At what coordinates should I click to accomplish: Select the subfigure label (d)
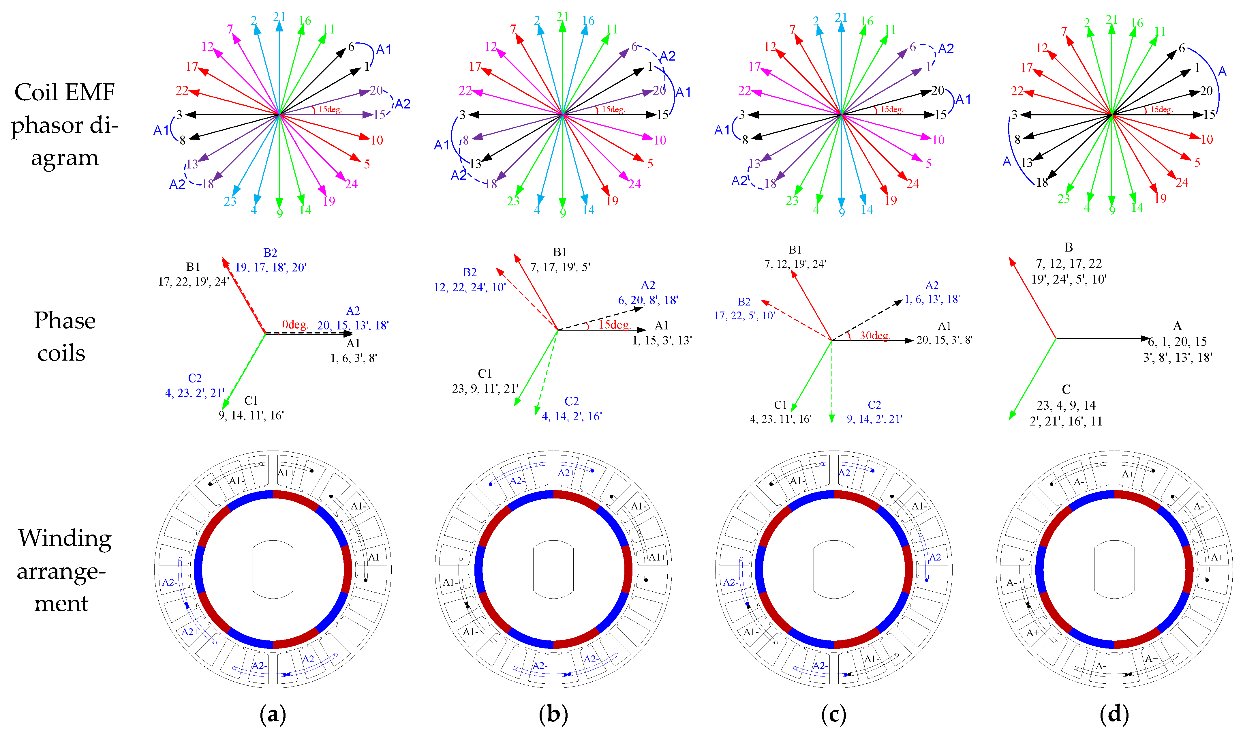click(x=1114, y=714)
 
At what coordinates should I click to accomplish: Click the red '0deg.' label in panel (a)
click(x=295, y=325)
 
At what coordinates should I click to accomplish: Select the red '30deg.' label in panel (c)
click(x=875, y=335)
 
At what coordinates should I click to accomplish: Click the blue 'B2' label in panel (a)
click(x=270, y=253)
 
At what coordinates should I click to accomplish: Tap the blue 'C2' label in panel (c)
click(x=874, y=405)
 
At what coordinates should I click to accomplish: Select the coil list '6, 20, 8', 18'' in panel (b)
click(x=648, y=300)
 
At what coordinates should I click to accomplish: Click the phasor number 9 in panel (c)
click(x=842, y=212)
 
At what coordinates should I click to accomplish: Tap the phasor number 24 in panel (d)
click(x=1182, y=182)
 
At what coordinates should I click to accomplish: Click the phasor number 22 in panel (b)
click(x=465, y=90)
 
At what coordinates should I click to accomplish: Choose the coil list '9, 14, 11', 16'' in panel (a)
click(x=251, y=415)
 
